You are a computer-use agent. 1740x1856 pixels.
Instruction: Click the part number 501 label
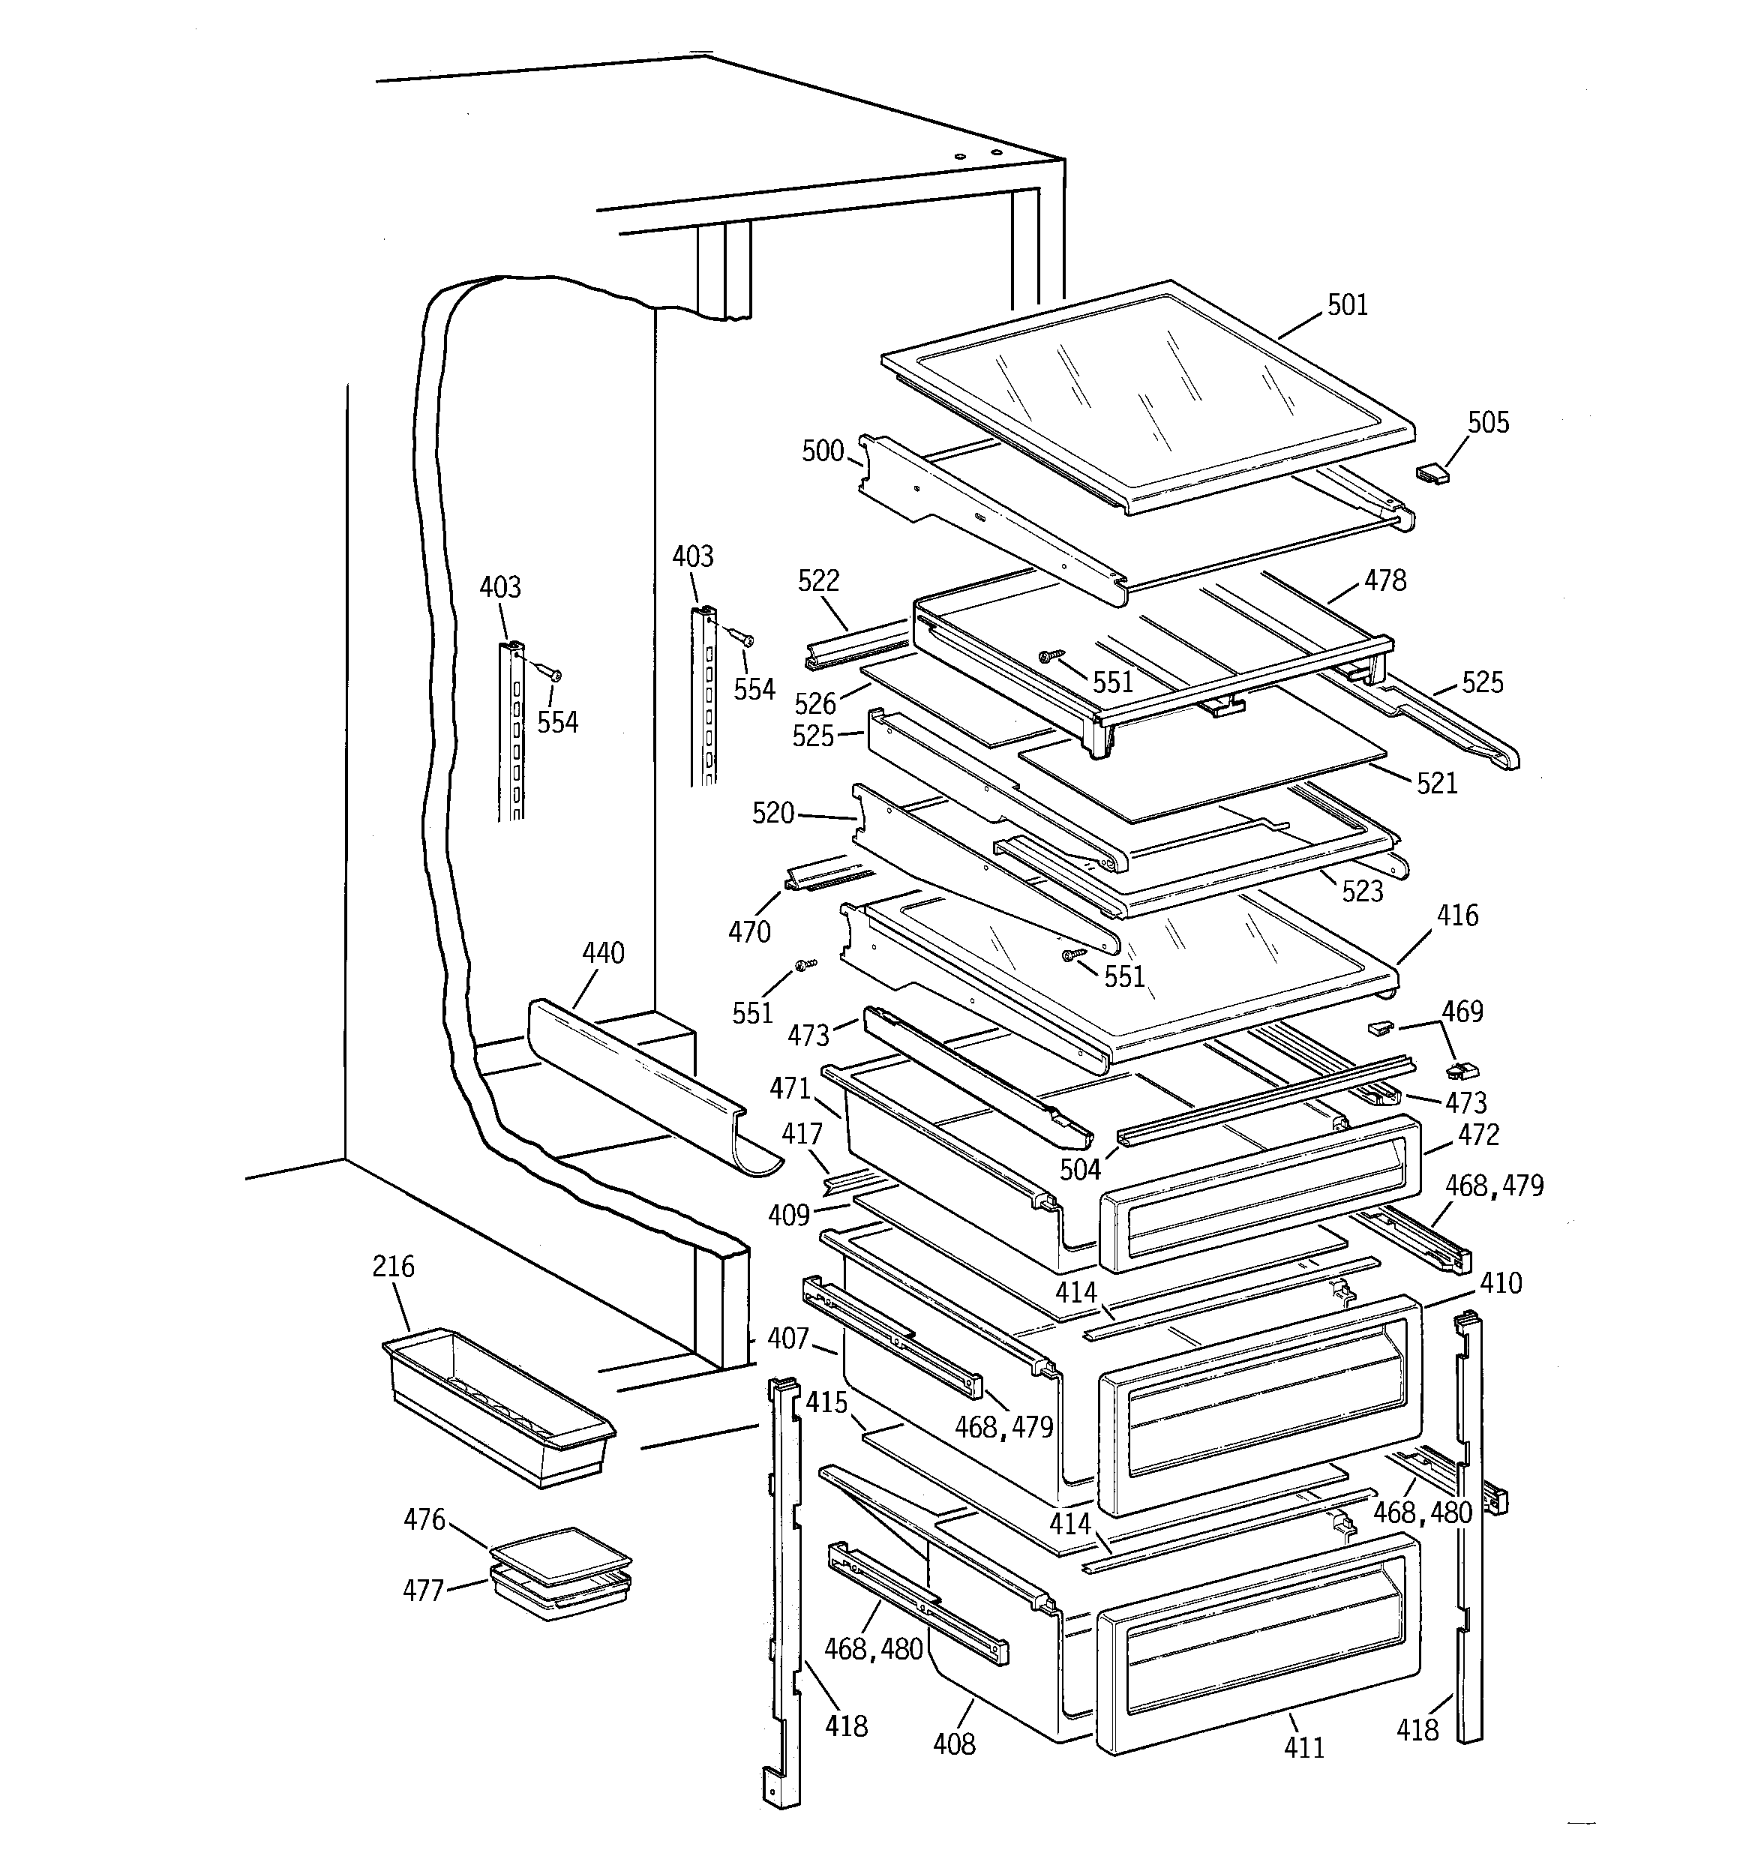pos(1347,305)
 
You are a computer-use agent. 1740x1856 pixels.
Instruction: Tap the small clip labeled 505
pos(1431,473)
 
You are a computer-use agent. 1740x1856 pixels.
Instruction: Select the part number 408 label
pos(953,1742)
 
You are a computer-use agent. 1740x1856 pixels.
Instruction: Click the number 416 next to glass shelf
pos(1457,915)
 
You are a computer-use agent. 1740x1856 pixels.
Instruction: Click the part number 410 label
pos(1500,1283)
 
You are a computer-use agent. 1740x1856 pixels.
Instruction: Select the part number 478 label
pos(1384,580)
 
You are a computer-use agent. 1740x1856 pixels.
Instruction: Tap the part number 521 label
pos(1436,784)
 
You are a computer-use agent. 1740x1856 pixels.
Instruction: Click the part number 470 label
pos(749,931)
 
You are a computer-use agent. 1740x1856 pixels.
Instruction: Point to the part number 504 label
pos(1080,1169)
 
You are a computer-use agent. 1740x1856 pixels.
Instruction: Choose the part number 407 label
pos(787,1338)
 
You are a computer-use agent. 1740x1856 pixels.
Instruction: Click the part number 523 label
pos(1362,891)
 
